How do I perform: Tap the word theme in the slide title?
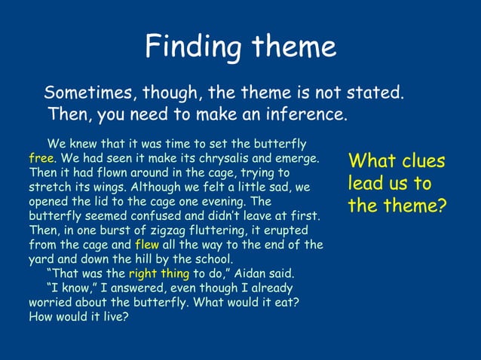pyautogui.click(x=289, y=47)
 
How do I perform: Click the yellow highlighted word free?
pyautogui.click(x=41, y=160)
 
